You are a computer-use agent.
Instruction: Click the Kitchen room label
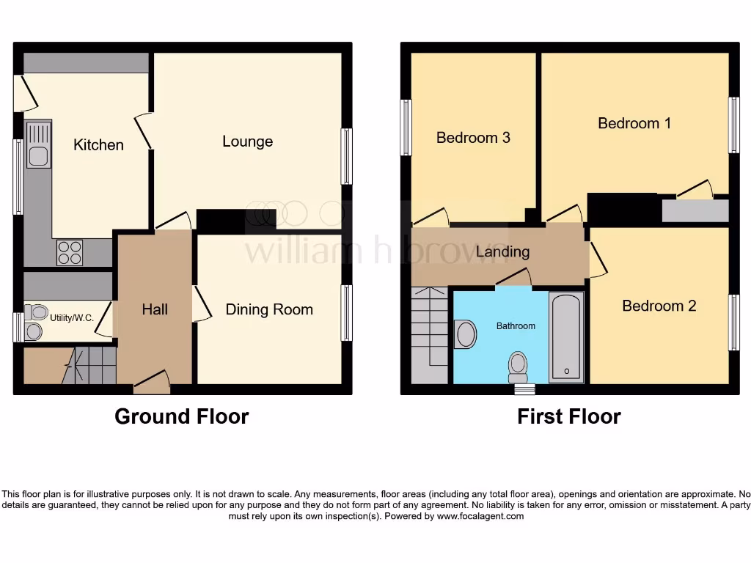point(98,145)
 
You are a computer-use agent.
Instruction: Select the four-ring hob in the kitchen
point(70,253)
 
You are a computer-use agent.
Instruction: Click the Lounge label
point(247,141)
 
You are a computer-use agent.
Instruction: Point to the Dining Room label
point(268,309)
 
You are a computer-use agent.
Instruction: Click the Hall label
point(155,309)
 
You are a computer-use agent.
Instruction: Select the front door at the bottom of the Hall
point(152,380)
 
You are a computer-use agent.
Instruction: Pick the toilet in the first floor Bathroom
point(519,366)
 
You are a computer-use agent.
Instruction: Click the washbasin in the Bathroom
point(465,334)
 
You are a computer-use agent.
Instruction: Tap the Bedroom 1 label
point(634,123)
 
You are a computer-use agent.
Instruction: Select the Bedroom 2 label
point(659,306)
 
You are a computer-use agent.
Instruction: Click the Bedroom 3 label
point(473,138)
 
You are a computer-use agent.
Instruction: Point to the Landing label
point(502,251)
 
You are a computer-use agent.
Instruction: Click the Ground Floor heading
point(181,416)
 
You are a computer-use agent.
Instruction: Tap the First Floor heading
point(568,416)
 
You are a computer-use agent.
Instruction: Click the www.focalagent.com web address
point(480,516)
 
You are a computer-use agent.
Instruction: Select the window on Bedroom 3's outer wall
point(405,128)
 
